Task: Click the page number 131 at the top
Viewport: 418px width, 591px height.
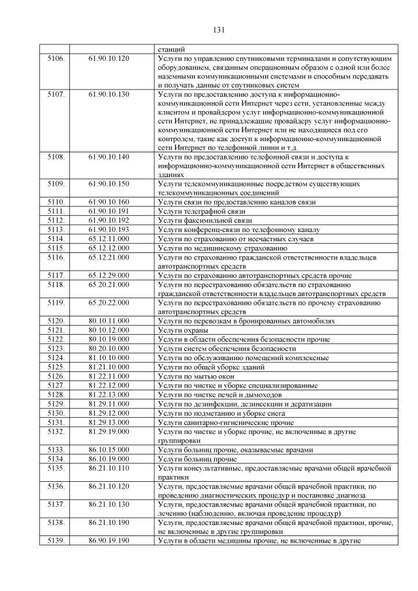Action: coord(219,30)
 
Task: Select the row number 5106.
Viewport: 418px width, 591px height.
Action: coord(56,59)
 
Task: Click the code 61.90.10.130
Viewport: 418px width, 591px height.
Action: coord(109,95)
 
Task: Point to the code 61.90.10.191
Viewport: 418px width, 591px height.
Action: coord(109,212)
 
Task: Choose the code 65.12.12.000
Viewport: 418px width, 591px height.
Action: coord(109,248)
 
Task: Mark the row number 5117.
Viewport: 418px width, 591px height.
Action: coord(56,276)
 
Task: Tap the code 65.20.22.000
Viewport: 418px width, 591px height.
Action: coord(109,303)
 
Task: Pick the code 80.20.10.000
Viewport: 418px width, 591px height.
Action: coord(109,349)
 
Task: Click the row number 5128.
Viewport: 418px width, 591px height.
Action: coord(56,395)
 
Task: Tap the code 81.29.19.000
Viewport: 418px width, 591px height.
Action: coord(109,431)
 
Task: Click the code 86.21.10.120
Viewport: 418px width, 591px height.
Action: coord(109,486)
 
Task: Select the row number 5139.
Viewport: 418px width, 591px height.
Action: coord(56,541)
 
